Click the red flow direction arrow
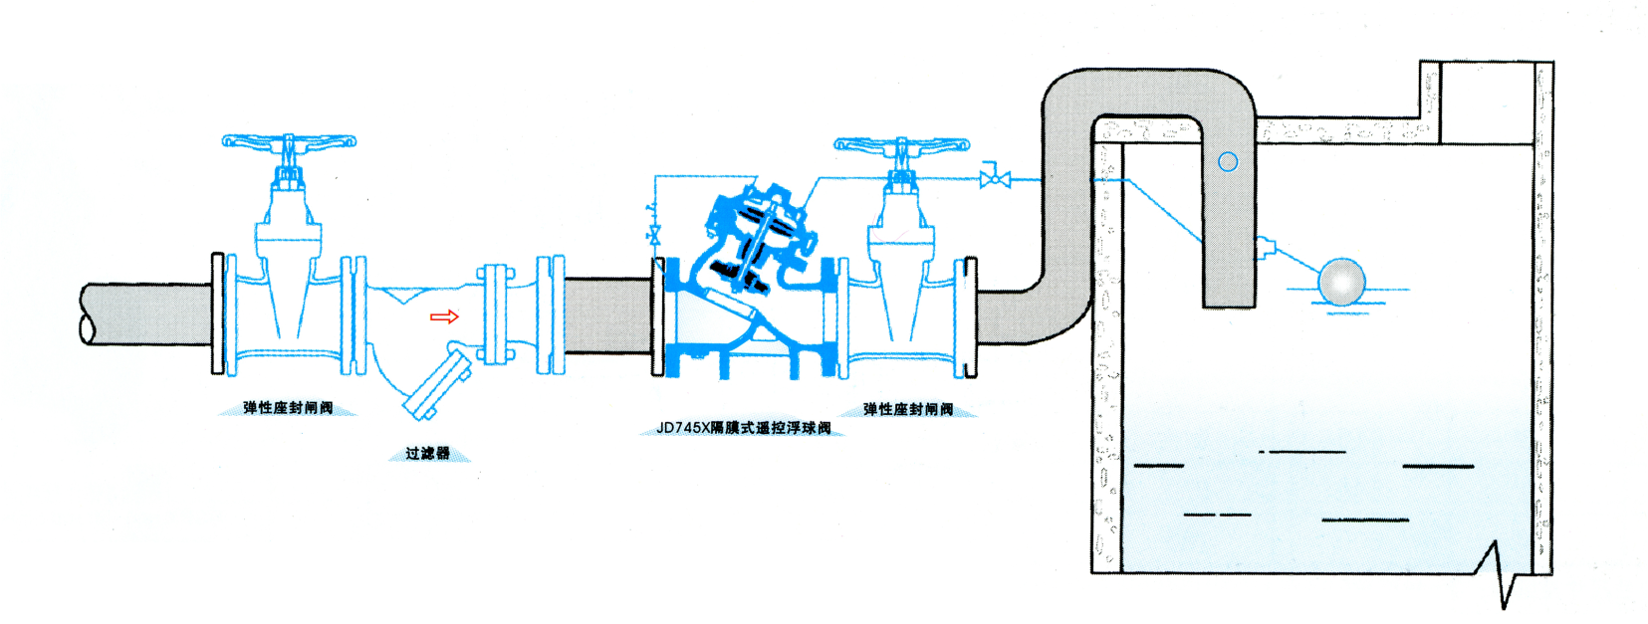coord(444,316)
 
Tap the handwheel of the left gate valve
coord(289,142)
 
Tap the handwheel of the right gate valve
coord(901,146)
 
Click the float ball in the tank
coord(1340,282)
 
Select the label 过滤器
coord(427,454)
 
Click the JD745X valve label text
coord(743,428)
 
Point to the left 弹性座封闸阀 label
coord(288,408)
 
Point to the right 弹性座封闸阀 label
coord(907,409)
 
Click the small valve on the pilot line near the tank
coord(995,179)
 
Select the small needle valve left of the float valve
coord(654,234)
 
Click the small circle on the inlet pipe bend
coord(1228,161)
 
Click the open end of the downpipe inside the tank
coord(1229,303)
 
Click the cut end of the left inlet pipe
coord(88,314)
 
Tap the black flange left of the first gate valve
coord(217,313)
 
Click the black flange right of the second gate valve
coord(971,317)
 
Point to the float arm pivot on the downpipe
coord(1265,247)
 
